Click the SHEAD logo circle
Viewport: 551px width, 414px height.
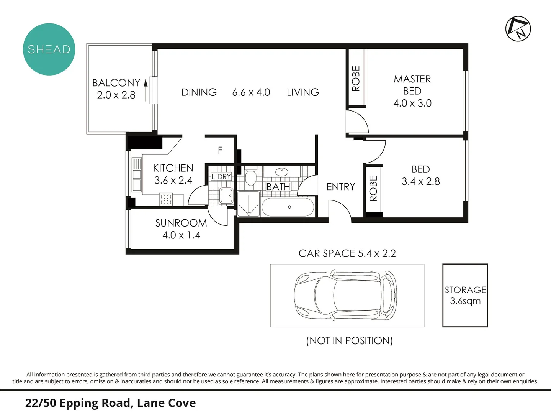pyautogui.click(x=49, y=49)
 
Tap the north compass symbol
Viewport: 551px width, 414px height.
pyautogui.click(x=518, y=29)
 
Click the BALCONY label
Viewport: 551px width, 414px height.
pyautogui.click(x=116, y=83)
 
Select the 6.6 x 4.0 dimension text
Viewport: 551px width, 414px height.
pyautogui.click(x=251, y=92)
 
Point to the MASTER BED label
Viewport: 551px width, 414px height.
pyautogui.click(x=412, y=85)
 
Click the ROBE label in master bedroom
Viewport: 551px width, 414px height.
pyautogui.click(x=356, y=79)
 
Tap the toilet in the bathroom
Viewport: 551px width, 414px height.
pyautogui.click(x=250, y=177)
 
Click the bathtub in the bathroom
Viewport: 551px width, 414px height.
pyautogui.click(x=288, y=207)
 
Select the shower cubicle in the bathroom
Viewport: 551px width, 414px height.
pyautogui.click(x=249, y=204)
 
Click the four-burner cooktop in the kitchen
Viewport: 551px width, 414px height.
pyautogui.click(x=166, y=199)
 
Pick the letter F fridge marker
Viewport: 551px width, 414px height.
pyautogui.click(x=220, y=150)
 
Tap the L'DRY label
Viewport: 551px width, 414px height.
pyautogui.click(x=221, y=176)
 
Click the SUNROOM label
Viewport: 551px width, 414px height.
pyautogui.click(x=181, y=223)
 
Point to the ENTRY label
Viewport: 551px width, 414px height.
pyautogui.click(x=340, y=187)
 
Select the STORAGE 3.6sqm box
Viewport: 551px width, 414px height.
pyautogui.click(x=465, y=295)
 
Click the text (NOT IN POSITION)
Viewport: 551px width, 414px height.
pyautogui.click(x=349, y=340)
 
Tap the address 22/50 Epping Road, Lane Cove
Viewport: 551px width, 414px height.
pyautogui.click(x=110, y=403)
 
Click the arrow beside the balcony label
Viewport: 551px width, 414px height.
pyautogui.click(x=146, y=90)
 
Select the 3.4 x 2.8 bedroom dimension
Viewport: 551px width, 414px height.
pyautogui.click(x=420, y=182)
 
